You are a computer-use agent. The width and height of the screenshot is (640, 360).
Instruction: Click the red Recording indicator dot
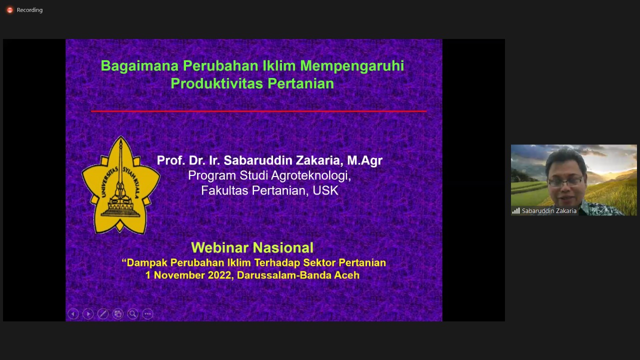tap(9, 10)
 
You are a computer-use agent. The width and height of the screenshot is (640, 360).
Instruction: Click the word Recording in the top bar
tap(29, 10)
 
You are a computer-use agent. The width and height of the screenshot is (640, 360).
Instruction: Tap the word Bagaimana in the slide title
tap(139, 65)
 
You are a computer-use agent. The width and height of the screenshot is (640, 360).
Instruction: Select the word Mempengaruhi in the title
tap(352, 66)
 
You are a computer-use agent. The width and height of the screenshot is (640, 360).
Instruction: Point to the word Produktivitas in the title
tap(216, 83)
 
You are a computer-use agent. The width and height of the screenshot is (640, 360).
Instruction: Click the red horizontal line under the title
tap(259, 111)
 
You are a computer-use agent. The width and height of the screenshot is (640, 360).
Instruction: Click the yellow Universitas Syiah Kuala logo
tap(120, 185)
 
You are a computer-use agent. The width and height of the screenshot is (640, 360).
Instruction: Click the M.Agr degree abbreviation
tap(364, 160)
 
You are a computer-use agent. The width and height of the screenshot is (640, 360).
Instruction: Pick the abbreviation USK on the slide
tap(325, 190)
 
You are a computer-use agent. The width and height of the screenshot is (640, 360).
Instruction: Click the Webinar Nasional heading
tap(252, 247)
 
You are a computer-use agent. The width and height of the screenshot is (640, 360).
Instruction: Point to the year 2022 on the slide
tap(219, 275)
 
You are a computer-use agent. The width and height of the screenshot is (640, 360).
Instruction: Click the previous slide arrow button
tap(73, 314)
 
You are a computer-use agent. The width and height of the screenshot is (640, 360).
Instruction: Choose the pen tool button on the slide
tap(103, 314)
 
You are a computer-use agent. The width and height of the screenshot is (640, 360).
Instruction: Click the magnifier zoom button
tap(132, 314)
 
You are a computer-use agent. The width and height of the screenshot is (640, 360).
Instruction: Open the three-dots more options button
tap(147, 314)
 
